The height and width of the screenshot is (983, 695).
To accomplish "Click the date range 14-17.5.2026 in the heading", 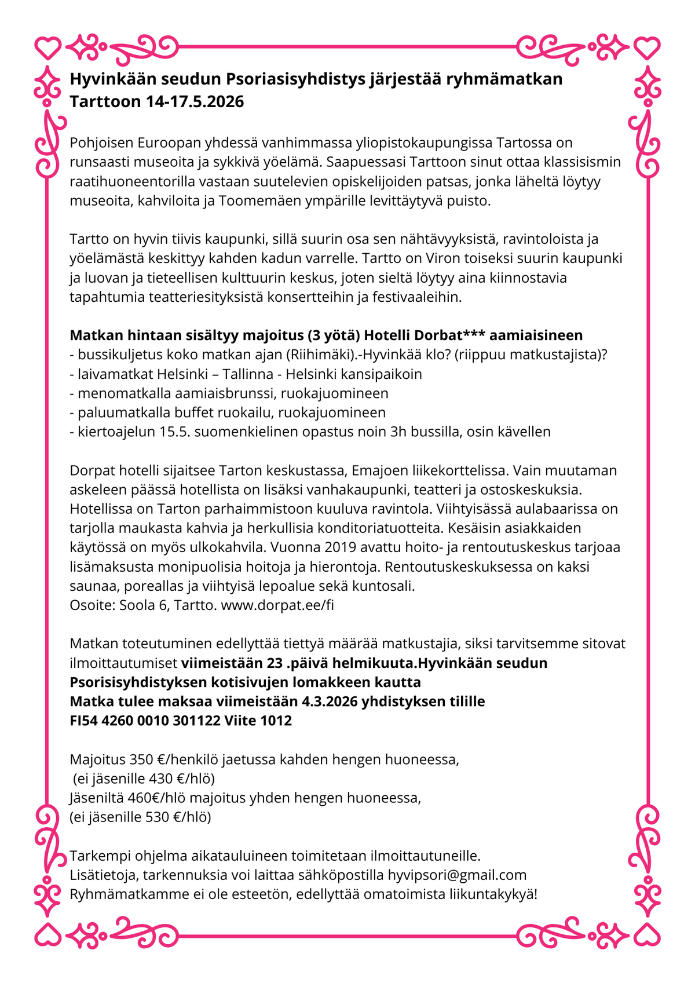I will point(195,102).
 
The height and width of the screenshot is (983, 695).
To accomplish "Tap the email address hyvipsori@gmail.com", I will point(457,875).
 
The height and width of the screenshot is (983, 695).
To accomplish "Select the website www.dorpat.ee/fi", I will point(277,605).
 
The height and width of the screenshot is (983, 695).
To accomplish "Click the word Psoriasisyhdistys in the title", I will point(295,79).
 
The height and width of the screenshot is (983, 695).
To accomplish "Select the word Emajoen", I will point(378,470).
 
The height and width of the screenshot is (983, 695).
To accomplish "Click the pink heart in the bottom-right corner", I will point(647,934).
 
